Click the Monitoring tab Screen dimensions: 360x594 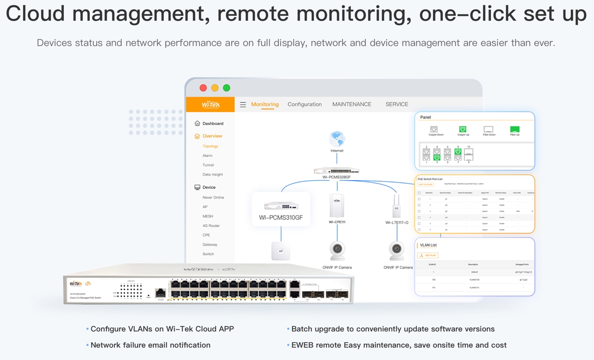point(265,104)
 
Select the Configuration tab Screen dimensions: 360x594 point(304,104)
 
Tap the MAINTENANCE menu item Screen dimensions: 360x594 point(351,104)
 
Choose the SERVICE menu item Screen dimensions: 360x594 point(396,104)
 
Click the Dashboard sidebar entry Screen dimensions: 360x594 point(213,123)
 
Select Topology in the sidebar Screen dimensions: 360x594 point(210,146)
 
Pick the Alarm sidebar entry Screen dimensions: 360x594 point(207,155)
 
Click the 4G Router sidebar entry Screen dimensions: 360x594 point(211,226)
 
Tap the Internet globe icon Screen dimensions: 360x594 point(337,139)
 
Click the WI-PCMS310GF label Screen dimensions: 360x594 point(281,217)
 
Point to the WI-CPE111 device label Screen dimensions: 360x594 point(337,222)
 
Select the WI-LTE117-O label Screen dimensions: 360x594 point(396,223)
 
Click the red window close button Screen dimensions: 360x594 point(203,88)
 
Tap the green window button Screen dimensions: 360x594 point(226,88)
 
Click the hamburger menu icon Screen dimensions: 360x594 point(243,104)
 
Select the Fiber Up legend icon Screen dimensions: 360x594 point(514,129)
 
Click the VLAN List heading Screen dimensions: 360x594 point(428,245)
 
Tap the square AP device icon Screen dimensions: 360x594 point(281,251)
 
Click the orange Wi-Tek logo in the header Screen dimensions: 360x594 point(210,104)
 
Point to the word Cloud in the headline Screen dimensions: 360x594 point(35,14)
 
